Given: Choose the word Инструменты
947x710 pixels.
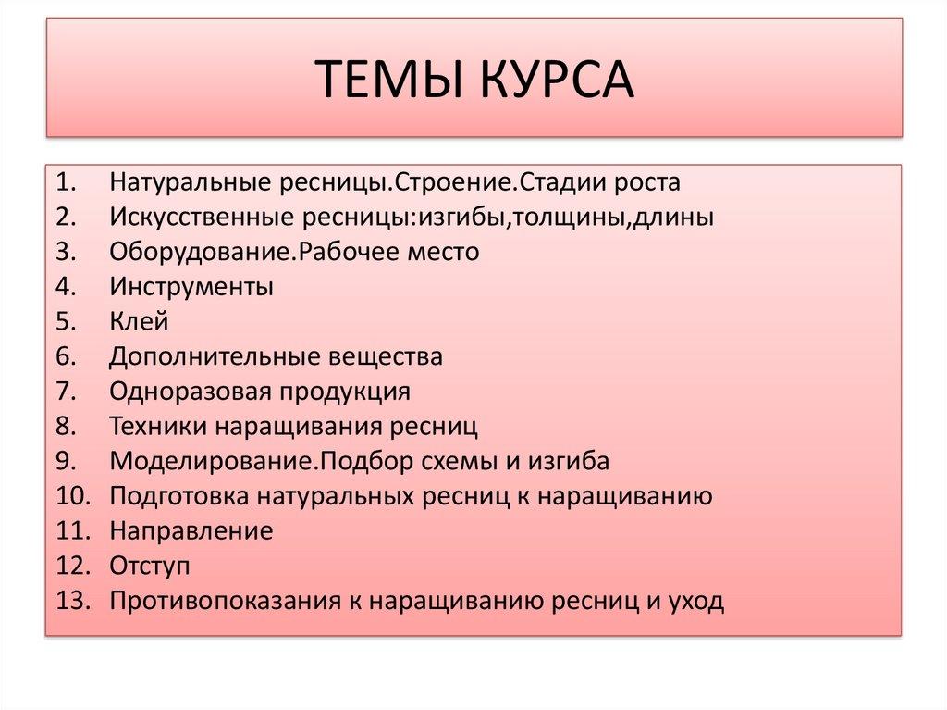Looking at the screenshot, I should pos(191,287).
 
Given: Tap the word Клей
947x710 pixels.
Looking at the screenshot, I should pos(139,321).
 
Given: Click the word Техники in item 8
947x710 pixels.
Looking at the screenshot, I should pos(159,427).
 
